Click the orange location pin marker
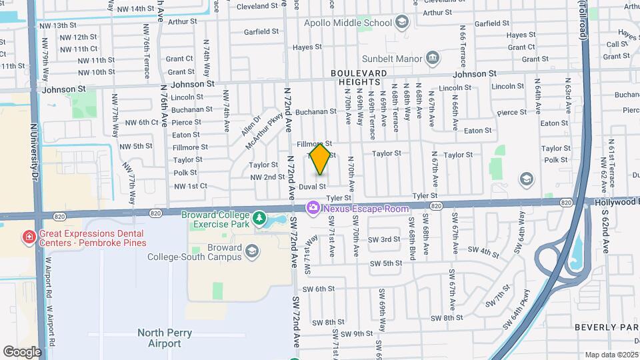click(320, 158)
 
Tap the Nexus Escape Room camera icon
click(313, 209)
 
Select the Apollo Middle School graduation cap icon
click(401, 23)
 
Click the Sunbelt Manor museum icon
click(432, 58)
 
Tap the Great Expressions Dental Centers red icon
click(29, 237)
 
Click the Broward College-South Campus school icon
click(251, 251)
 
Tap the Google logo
click(22, 351)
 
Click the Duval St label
click(312, 187)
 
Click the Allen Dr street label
click(249, 125)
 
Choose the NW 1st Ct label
click(191, 186)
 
